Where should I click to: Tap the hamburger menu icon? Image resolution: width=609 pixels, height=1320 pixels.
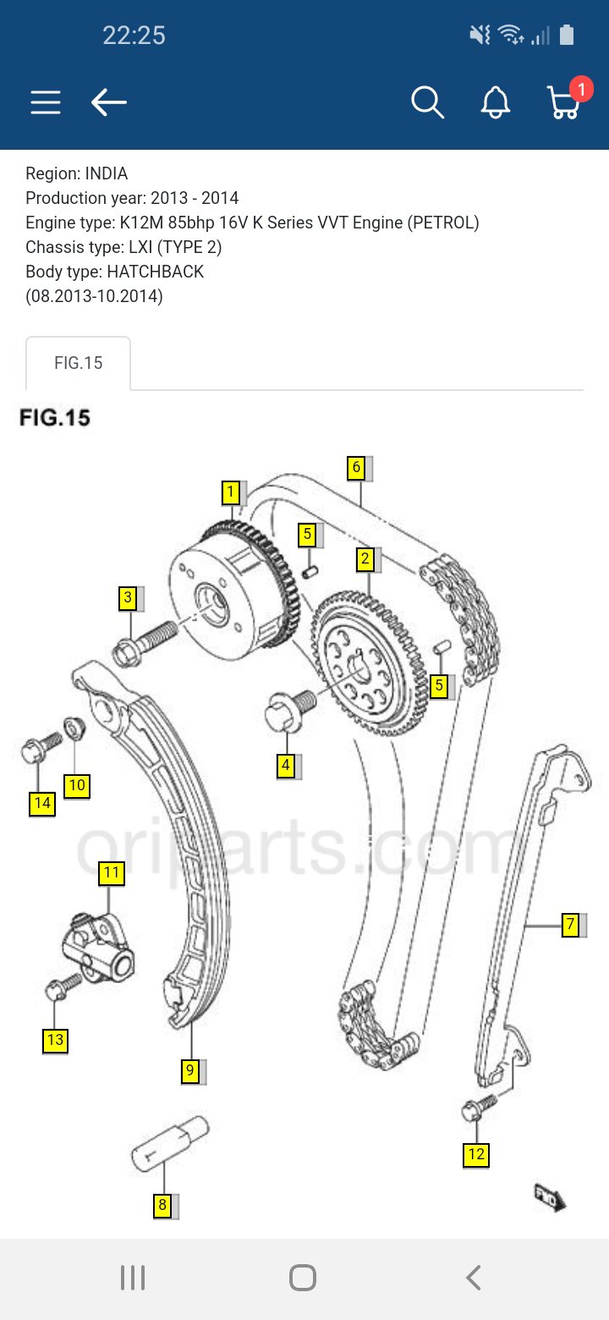(46, 103)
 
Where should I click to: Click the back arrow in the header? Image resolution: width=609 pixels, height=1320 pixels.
(109, 103)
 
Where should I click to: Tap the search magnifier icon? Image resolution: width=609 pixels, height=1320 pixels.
(427, 103)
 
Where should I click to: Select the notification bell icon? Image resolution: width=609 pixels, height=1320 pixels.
(496, 103)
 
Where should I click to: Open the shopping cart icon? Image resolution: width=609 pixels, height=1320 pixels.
(562, 103)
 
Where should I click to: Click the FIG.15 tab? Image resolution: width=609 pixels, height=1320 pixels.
(79, 363)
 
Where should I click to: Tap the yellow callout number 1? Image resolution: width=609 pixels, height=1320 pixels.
(230, 492)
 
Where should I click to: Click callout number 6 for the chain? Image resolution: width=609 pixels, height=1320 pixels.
(357, 467)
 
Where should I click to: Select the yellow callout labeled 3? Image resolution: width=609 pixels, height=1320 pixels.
(128, 598)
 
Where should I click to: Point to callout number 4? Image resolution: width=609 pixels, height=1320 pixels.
(286, 766)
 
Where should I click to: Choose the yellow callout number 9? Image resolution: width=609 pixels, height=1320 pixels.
(190, 1070)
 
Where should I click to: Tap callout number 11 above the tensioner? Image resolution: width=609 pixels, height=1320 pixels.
(112, 872)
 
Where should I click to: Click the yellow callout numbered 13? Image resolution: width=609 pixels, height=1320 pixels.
(55, 1040)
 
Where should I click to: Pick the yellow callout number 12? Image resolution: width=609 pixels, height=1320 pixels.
(477, 1154)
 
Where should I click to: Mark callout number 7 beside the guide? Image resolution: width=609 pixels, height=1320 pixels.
(571, 925)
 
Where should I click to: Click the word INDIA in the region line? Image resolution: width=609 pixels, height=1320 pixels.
(106, 173)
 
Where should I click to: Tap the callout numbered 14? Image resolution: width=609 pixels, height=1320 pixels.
(42, 802)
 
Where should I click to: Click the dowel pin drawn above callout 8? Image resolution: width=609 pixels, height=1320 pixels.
(169, 1142)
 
